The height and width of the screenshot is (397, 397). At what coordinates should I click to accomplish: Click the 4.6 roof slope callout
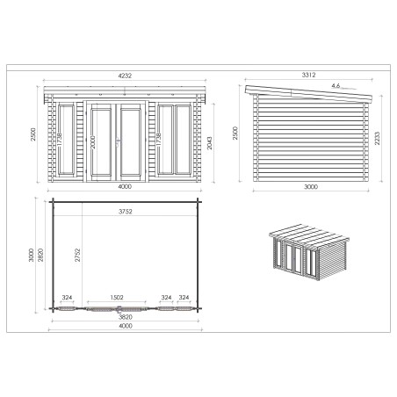(x=335, y=86)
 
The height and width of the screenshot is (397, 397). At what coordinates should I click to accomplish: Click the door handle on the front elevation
(x=120, y=141)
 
